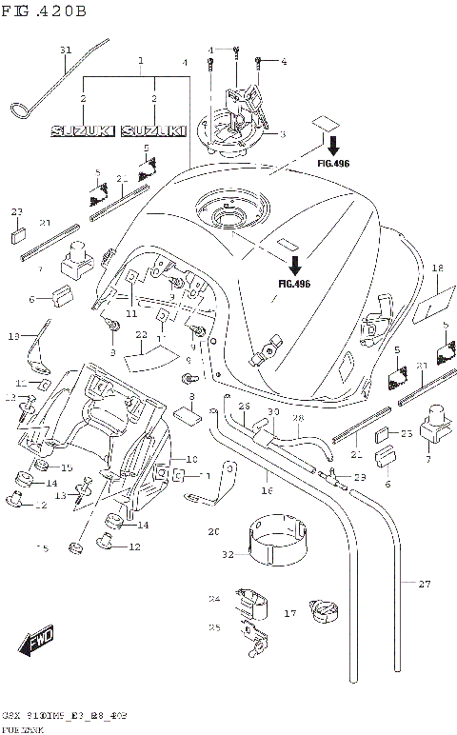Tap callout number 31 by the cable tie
tap(66, 50)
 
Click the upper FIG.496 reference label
tap(333, 164)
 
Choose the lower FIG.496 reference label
tap(294, 283)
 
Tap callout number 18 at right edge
tap(437, 269)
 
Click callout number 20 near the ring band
tap(213, 531)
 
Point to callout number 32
tap(228, 554)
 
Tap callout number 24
tap(214, 599)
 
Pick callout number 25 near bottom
tap(214, 627)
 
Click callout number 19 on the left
tap(14, 336)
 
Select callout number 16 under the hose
tap(266, 490)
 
